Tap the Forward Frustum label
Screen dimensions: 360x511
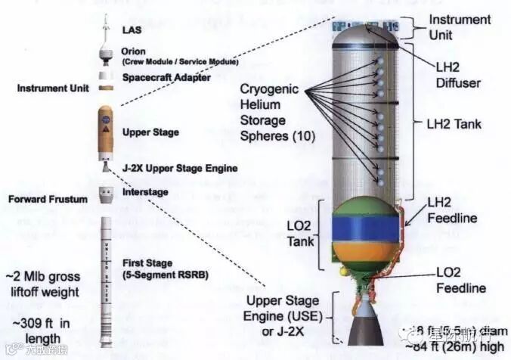pyautogui.click(x=48, y=200)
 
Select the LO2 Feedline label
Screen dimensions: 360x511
pyautogui.click(x=460, y=280)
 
